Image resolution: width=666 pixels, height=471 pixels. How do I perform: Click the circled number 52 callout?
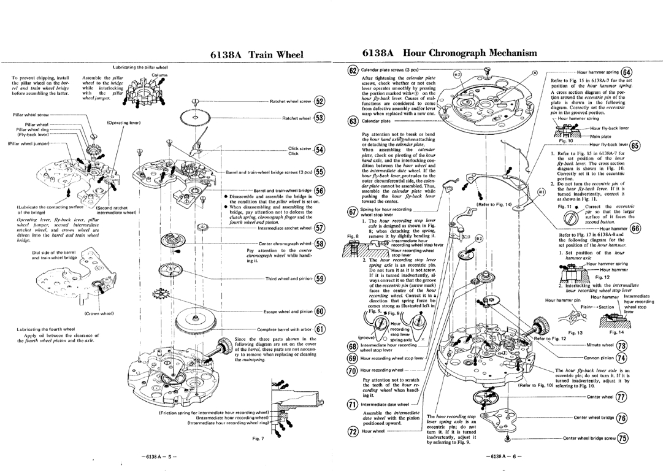pyautogui.click(x=319, y=102)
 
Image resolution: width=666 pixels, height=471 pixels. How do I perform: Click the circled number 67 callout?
pyautogui.click(x=352, y=212)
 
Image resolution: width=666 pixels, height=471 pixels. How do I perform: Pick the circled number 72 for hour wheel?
pyautogui.click(x=352, y=431)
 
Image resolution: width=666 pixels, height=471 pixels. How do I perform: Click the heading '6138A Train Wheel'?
pyautogui.click(x=257, y=54)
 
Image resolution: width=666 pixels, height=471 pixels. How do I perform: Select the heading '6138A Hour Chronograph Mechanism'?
pyautogui.click(x=450, y=53)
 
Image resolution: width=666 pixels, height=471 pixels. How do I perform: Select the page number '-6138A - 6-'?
pyautogui.click(x=502, y=457)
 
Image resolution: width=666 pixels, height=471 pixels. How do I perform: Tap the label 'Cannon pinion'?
pyautogui.click(x=598, y=358)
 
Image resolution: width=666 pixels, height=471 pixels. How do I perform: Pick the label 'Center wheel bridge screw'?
pyautogui.click(x=589, y=438)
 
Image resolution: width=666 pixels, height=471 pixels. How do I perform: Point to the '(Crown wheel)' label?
pyautogui.click(x=97, y=313)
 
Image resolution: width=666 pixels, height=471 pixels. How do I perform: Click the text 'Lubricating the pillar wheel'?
pyautogui.click(x=142, y=67)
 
